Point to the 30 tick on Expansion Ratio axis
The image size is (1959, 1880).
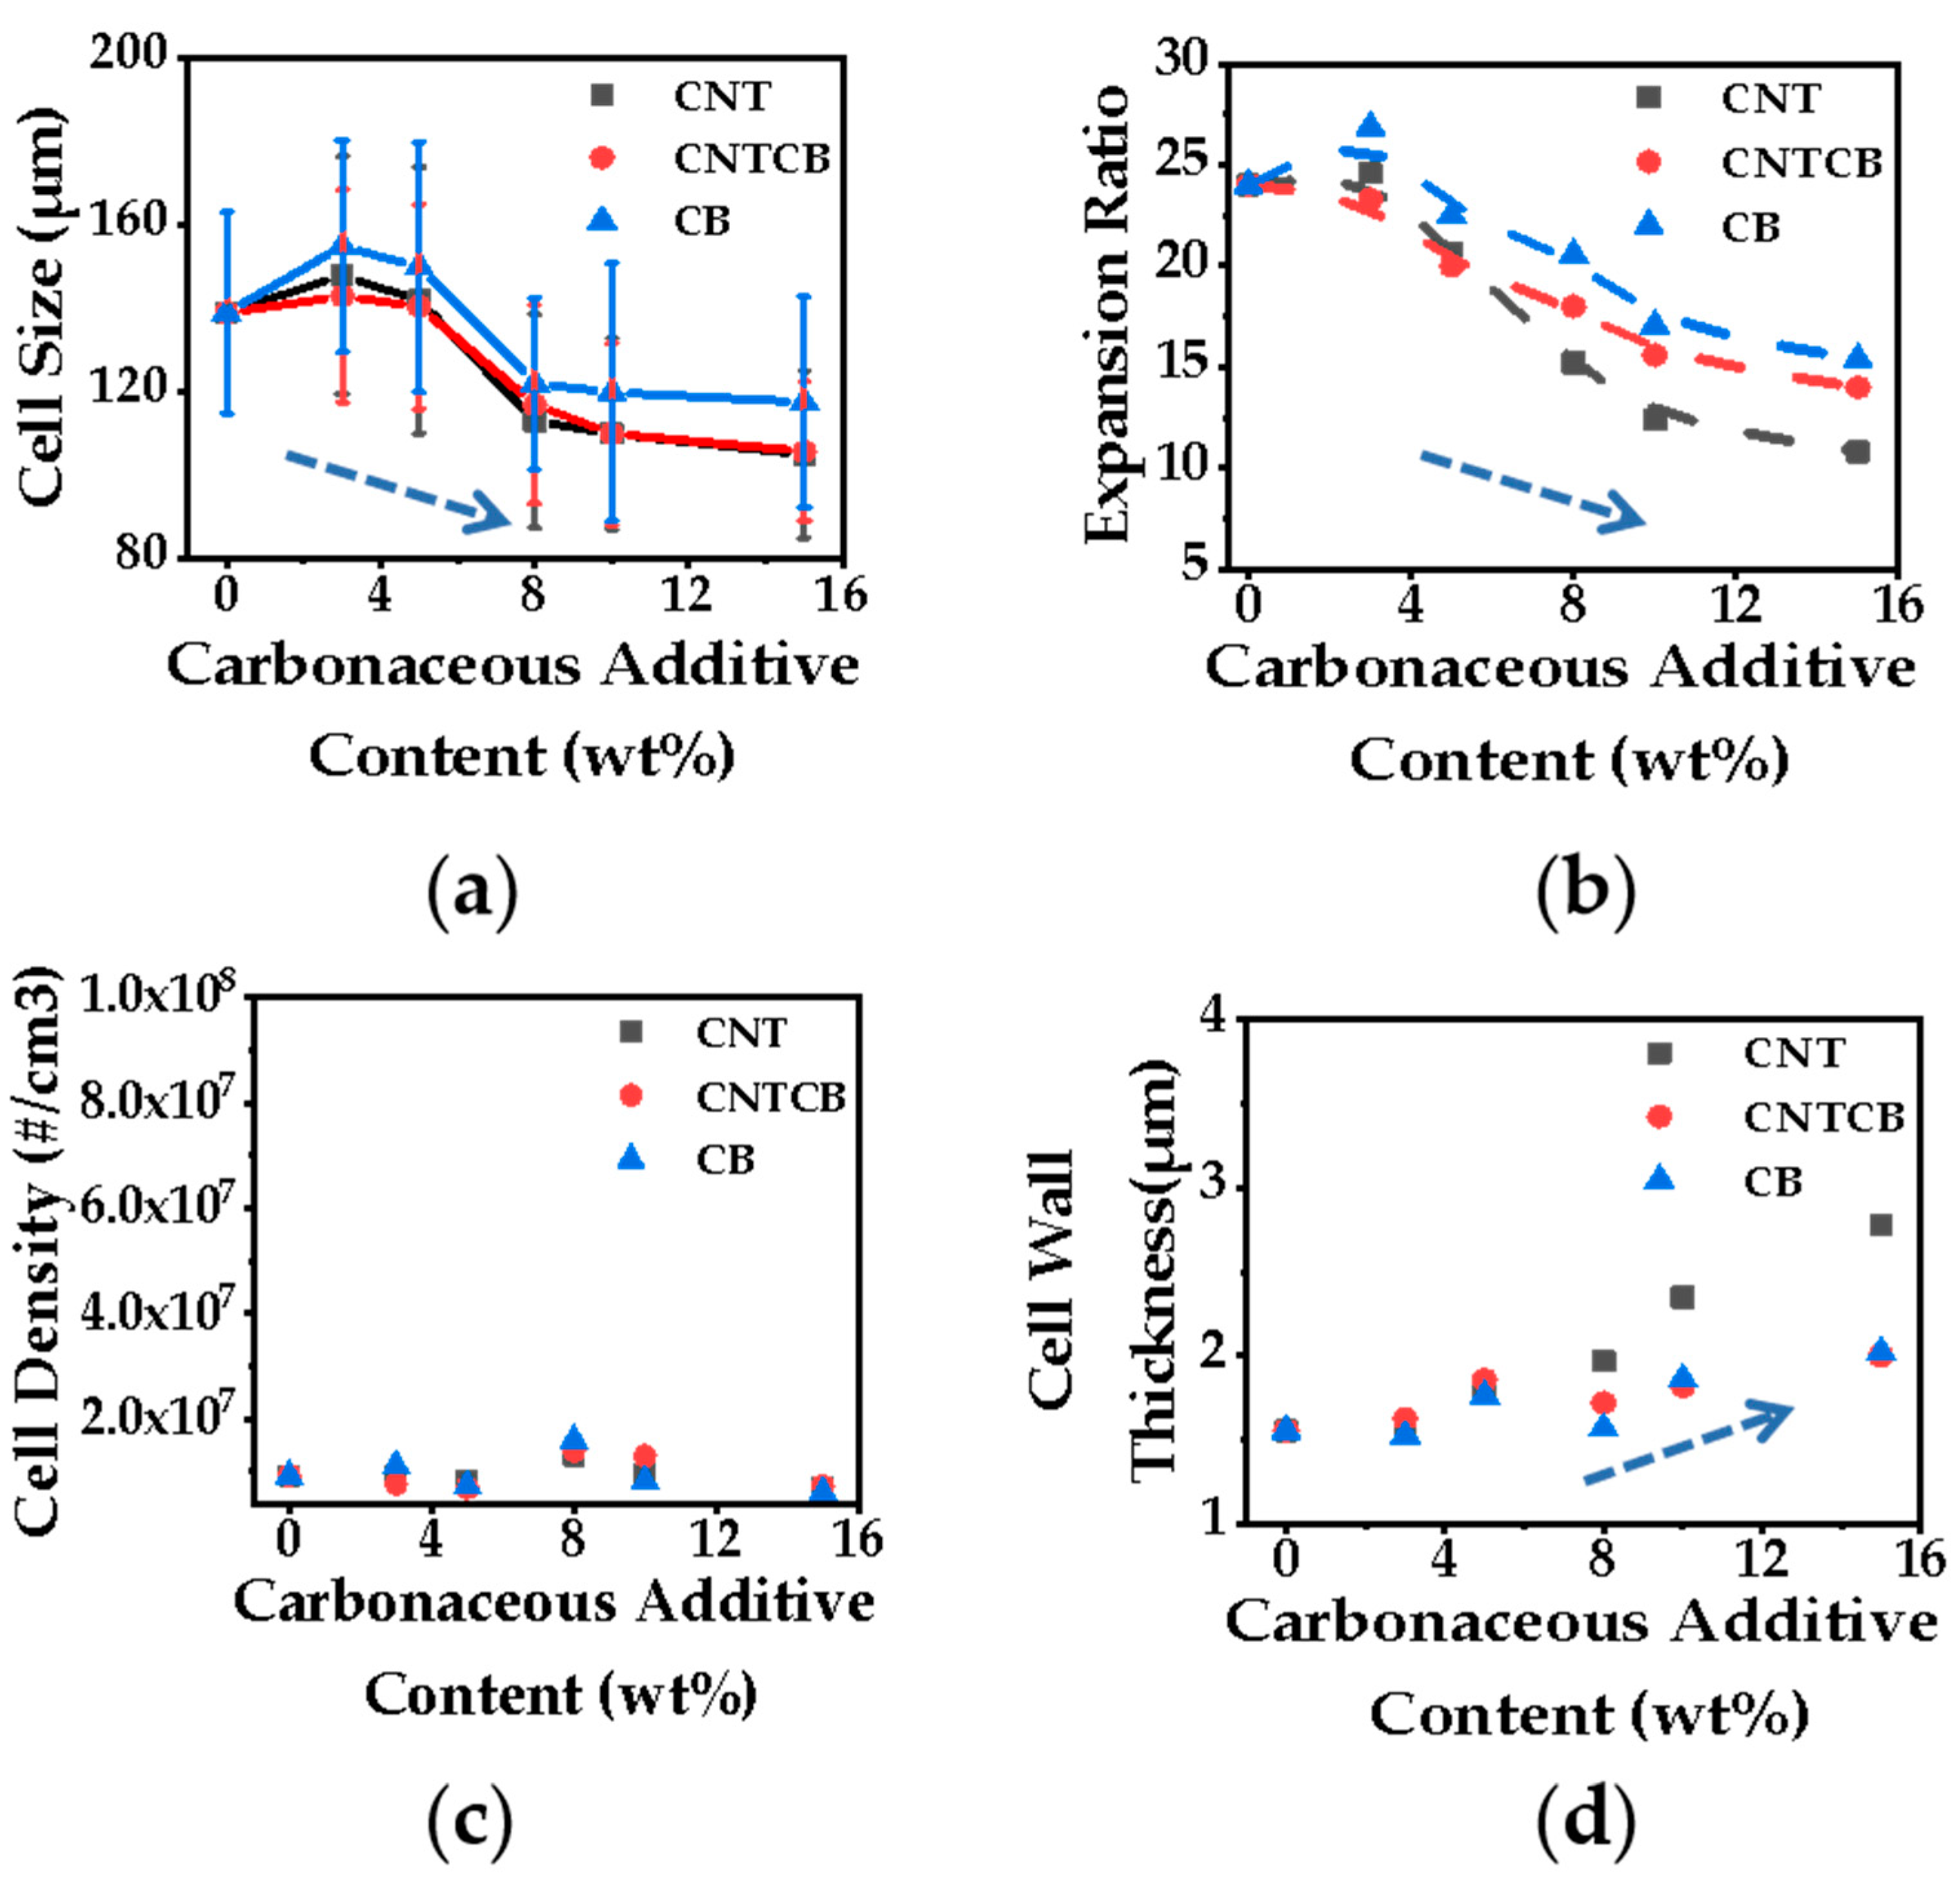click(x=1182, y=62)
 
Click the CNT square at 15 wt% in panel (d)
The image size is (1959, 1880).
click(x=1881, y=1226)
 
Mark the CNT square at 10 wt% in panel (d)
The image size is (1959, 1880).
click(x=1682, y=1297)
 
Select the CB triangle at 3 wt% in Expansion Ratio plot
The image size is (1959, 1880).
click(x=1371, y=126)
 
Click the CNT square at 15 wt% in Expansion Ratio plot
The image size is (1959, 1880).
click(x=1857, y=452)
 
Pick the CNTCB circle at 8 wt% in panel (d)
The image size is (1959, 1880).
click(x=1603, y=1402)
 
